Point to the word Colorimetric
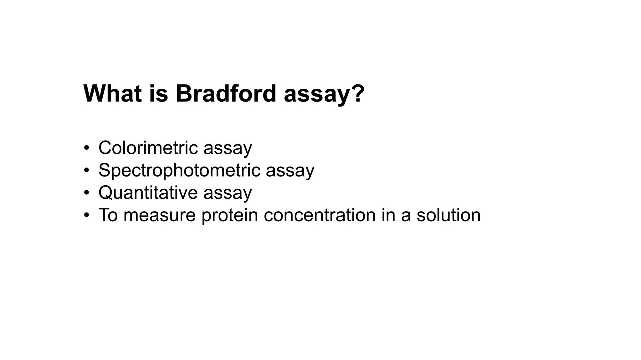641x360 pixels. pyautogui.click(x=148, y=147)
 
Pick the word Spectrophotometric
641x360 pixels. pyautogui.click(x=179, y=171)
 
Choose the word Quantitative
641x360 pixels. pyautogui.click(x=148, y=193)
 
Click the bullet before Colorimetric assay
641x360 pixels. pyautogui.click(x=87, y=148)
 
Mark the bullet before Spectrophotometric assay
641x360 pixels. pyautogui.click(x=87, y=170)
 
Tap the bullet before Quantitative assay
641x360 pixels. pyautogui.click(x=87, y=193)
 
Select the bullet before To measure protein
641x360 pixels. pyautogui.click(x=87, y=215)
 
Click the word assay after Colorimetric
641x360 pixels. pyautogui.click(x=228, y=148)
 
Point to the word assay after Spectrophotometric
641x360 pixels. pyautogui.click(x=290, y=171)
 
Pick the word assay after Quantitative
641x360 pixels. pyautogui.click(x=228, y=193)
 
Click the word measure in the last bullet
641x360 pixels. pyautogui.click(x=159, y=215)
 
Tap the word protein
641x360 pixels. pyautogui.click(x=230, y=215)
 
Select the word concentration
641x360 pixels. pyautogui.click(x=320, y=215)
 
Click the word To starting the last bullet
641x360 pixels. pyautogui.click(x=108, y=215)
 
